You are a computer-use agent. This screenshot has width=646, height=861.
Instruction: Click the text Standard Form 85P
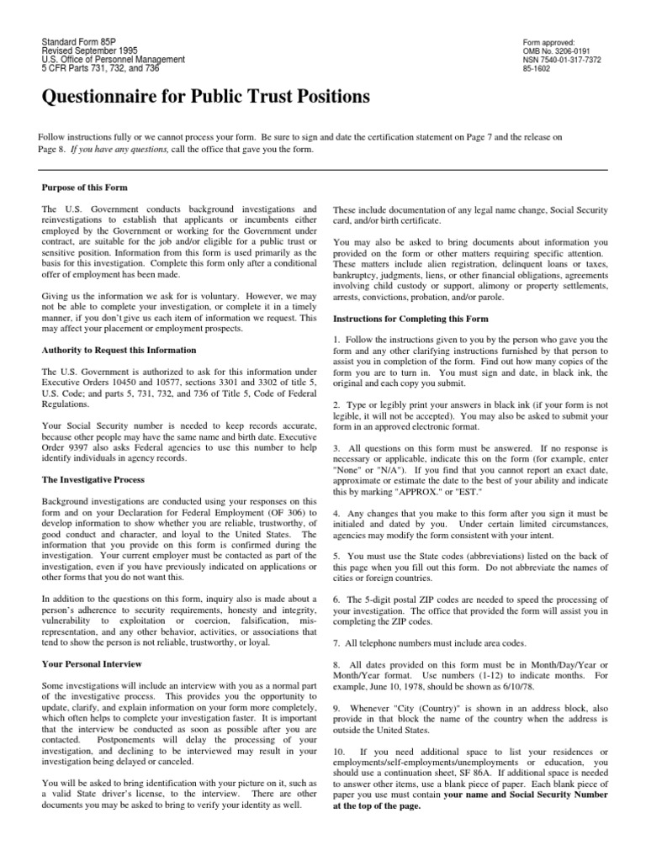[79, 42]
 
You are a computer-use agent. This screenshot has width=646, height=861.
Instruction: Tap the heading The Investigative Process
[93, 479]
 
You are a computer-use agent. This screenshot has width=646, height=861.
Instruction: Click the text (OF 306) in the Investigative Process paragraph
[283, 512]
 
